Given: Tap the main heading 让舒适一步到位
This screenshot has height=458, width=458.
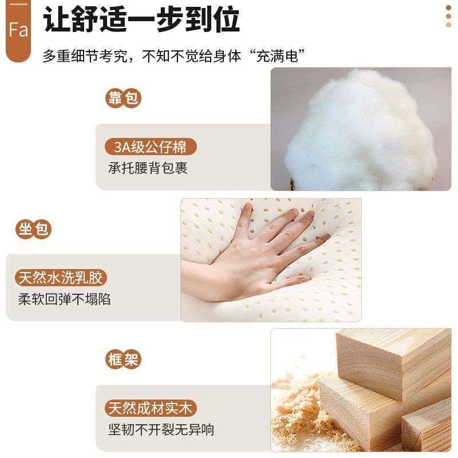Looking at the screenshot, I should point(141,21).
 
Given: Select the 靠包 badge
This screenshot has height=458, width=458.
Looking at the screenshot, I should point(123,99).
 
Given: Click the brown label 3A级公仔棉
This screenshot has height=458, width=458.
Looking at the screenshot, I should point(151,147).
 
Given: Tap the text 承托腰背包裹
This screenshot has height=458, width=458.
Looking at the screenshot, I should point(148,168).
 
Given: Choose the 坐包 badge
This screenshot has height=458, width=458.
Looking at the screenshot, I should point(33,230).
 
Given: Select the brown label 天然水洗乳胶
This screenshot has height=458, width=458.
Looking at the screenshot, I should point(61,278).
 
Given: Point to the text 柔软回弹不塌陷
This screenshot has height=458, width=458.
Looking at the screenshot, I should point(64,299).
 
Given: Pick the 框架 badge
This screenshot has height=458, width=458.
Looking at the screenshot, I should point(123,360).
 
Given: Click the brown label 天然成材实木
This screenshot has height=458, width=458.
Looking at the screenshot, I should point(151,409).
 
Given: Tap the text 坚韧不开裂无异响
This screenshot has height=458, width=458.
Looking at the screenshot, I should point(161,429).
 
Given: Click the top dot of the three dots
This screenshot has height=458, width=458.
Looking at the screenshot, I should point(448,7).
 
